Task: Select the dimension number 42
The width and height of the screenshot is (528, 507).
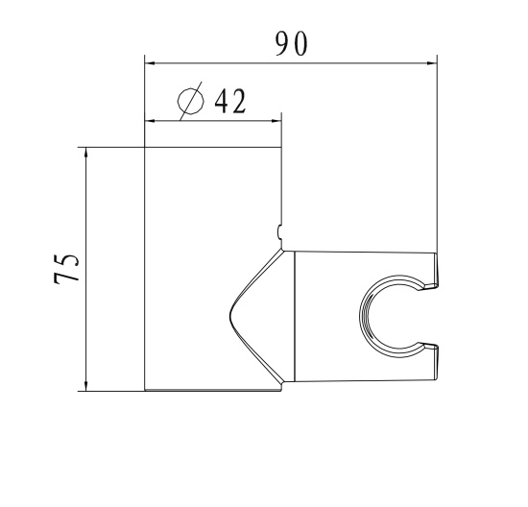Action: tap(228, 100)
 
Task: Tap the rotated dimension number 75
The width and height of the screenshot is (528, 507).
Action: tap(66, 270)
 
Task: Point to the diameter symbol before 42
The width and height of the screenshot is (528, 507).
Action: tap(191, 101)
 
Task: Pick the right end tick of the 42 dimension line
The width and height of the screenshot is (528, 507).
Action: tap(281, 120)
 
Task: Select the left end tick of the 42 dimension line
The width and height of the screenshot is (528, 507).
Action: tap(144, 120)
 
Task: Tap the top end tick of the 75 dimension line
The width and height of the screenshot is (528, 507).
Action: tap(86, 148)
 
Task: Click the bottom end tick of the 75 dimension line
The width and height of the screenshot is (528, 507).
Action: tap(86, 390)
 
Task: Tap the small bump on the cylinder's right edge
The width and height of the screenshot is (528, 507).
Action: tap(279, 230)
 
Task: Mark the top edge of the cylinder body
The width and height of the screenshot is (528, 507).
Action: tap(212, 148)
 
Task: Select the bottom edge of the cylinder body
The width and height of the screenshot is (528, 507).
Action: tap(212, 390)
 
